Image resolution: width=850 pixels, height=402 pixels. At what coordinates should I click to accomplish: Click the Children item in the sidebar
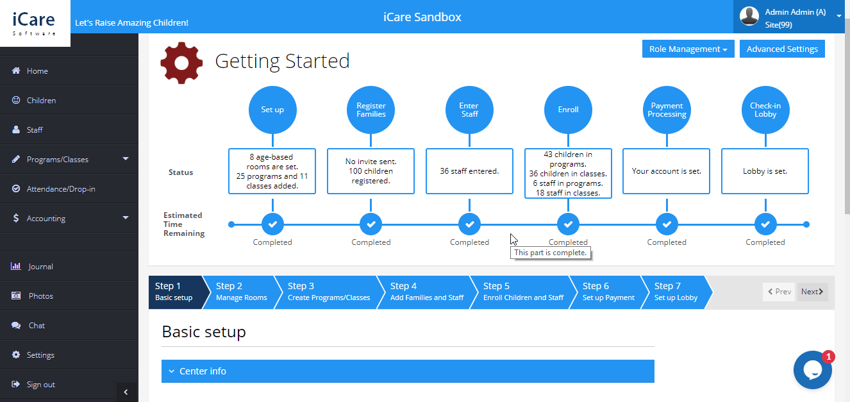pyautogui.click(x=41, y=101)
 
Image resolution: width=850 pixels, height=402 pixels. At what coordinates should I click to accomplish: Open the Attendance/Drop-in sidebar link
pyautogui.click(x=60, y=189)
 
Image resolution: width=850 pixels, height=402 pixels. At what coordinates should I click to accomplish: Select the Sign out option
pyautogui.click(x=40, y=385)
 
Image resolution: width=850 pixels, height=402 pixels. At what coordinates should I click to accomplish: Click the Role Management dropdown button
pyautogui.click(x=688, y=49)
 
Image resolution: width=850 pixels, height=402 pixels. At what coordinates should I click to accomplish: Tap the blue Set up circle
pyautogui.click(x=272, y=110)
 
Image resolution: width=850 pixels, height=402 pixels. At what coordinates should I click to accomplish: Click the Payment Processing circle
pyautogui.click(x=667, y=110)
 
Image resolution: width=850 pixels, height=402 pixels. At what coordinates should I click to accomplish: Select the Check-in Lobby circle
pyautogui.click(x=765, y=110)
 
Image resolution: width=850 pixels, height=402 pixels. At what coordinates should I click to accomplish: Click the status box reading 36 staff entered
pyautogui.click(x=469, y=171)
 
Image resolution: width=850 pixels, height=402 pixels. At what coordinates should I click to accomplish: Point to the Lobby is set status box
pyautogui.click(x=765, y=171)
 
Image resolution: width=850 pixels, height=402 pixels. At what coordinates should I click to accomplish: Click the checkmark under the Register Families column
pyautogui.click(x=371, y=224)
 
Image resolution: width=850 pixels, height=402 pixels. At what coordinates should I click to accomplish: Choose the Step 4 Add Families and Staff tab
pyautogui.click(x=426, y=292)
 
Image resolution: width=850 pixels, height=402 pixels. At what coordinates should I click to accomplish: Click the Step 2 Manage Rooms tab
pyautogui.click(x=241, y=292)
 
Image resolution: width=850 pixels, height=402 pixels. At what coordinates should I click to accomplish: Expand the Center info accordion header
pyautogui.click(x=407, y=371)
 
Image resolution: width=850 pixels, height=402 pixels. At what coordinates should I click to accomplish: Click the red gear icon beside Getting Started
pyautogui.click(x=181, y=63)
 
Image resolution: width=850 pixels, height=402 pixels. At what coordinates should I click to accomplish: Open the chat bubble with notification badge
pyautogui.click(x=812, y=370)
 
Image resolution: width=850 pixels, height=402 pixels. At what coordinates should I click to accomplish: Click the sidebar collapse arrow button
pyautogui.click(x=126, y=392)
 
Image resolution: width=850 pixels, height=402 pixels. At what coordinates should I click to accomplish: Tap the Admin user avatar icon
pyautogui.click(x=749, y=17)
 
